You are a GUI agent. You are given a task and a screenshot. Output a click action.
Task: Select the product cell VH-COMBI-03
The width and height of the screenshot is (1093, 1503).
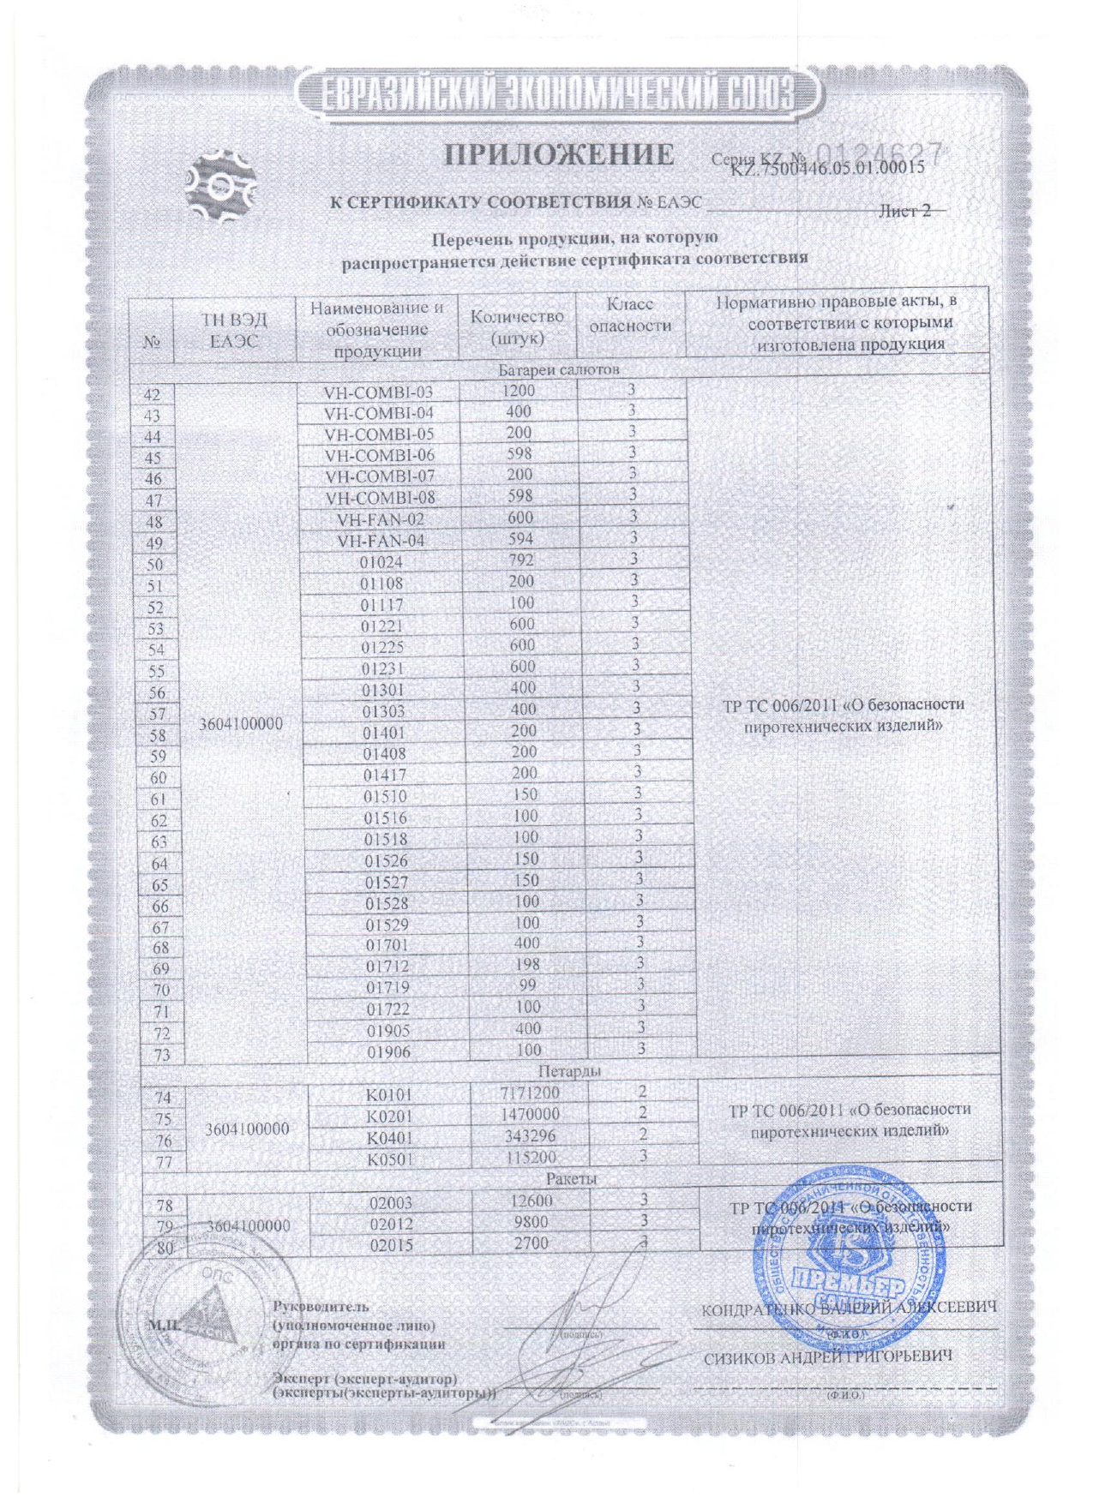point(378,392)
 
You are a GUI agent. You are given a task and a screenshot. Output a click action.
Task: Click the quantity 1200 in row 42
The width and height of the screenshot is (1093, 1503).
point(518,391)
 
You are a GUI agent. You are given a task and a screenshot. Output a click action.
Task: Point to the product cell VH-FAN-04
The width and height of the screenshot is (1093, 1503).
point(381,541)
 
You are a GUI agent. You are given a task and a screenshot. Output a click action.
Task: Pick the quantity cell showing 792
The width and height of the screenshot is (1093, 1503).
point(520,560)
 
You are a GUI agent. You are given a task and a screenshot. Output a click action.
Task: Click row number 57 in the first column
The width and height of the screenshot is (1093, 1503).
point(157,714)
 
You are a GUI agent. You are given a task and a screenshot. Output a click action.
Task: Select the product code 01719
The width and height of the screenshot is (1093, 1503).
point(387,987)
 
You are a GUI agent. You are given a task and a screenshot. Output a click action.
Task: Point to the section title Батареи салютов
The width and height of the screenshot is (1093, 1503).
point(559,370)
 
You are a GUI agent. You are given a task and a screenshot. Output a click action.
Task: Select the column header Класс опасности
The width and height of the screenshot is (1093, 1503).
point(630,314)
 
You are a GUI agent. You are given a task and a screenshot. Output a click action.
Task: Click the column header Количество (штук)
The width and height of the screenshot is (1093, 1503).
point(517,326)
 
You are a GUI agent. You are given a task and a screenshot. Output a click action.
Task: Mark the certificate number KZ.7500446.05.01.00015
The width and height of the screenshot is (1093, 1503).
point(826,168)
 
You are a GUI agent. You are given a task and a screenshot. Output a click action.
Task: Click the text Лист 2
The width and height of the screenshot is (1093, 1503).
point(904,211)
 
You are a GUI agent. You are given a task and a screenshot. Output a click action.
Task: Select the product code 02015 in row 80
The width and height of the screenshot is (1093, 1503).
point(390,1244)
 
